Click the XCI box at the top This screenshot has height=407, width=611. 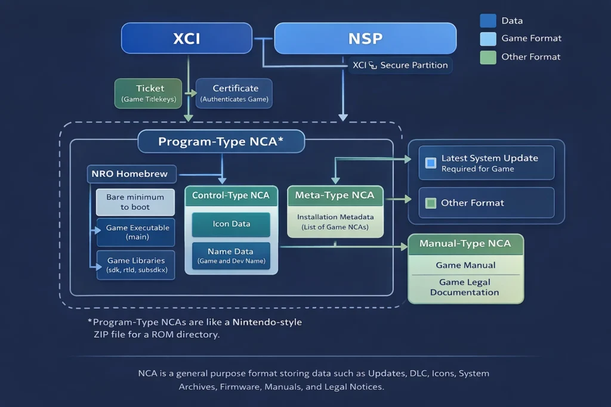(x=187, y=39)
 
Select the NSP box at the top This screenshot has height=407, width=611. (x=365, y=39)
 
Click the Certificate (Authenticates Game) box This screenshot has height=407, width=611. (x=234, y=94)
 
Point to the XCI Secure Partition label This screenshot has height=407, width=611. (x=400, y=66)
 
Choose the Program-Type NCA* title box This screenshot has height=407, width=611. (x=221, y=142)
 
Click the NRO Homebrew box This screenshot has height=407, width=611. (x=131, y=174)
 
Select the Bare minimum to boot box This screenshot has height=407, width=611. (x=135, y=202)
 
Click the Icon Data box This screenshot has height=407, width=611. (x=231, y=224)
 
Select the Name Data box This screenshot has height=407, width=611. (x=231, y=256)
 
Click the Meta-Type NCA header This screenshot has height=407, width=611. (x=335, y=195)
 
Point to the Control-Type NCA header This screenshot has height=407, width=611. (x=231, y=195)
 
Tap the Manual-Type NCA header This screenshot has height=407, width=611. (x=465, y=244)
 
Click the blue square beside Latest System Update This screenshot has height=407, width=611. (x=431, y=163)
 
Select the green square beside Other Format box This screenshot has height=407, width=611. (x=431, y=203)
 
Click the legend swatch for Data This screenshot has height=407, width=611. (x=487, y=21)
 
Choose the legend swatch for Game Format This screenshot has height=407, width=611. (x=487, y=39)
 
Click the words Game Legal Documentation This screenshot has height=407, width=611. (x=465, y=287)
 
